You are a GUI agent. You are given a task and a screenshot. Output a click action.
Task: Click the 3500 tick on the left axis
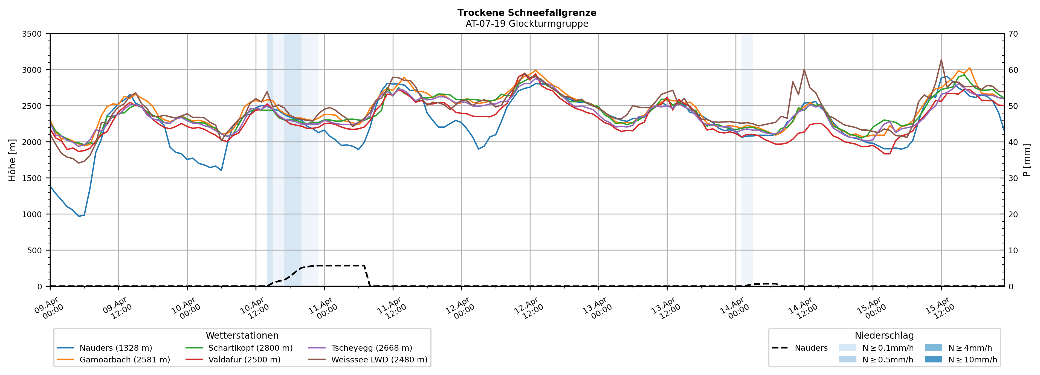tap(32, 34)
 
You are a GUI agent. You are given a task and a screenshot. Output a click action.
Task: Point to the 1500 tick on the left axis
tap(32, 178)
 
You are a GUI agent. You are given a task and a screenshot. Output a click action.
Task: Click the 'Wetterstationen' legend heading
tap(242, 335)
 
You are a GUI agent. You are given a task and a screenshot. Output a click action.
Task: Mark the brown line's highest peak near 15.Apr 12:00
tap(941, 60)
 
